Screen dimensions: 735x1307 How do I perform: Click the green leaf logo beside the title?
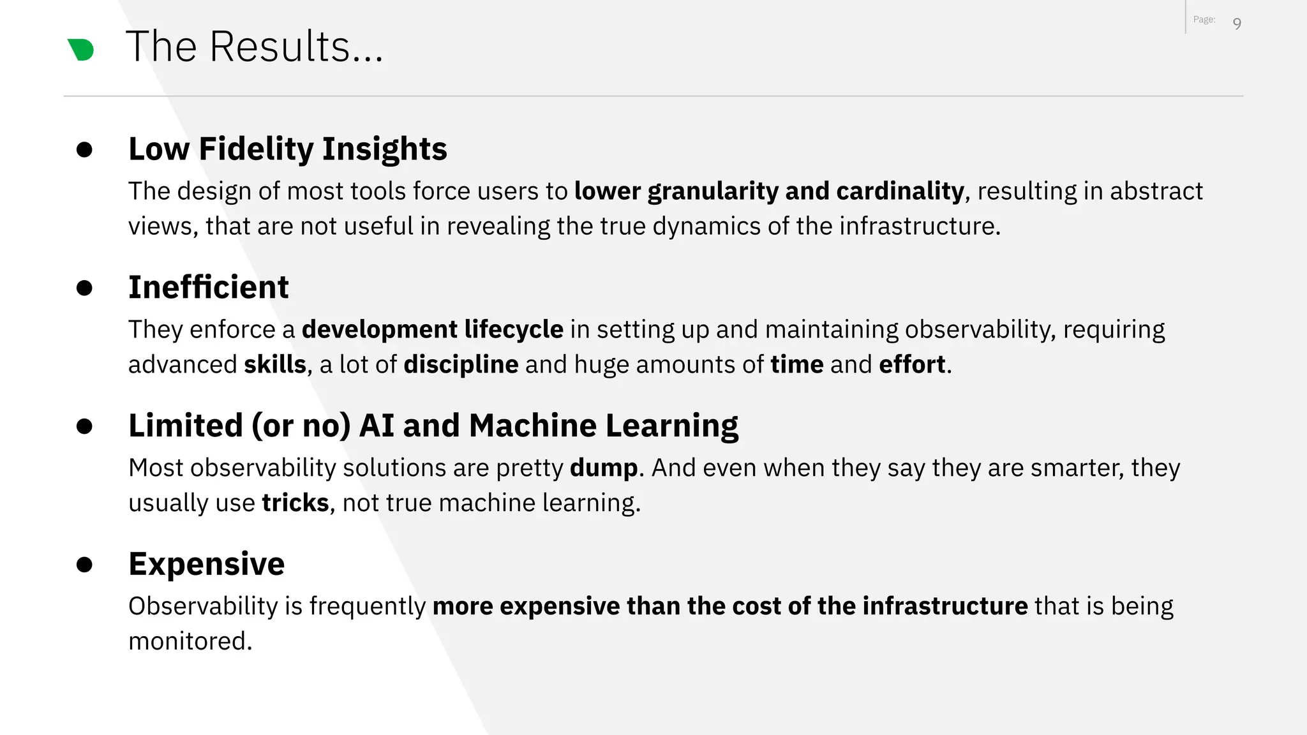(x=81, y=49)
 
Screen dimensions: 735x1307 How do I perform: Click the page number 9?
(x=1237, y=24)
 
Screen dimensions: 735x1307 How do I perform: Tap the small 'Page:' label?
(x=1204, y=20)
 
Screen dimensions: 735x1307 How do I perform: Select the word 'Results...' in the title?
(x=297, y=47)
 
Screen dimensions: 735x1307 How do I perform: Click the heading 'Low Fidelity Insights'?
(x=287, y=149)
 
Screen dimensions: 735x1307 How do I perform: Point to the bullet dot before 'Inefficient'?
(x=84, y=288)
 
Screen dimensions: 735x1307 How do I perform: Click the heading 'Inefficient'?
(x=208, y=287)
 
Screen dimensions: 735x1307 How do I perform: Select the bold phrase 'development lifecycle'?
(x=432, y=329)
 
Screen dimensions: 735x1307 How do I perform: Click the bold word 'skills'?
(x=275, y=364)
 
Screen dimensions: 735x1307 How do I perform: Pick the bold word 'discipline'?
(x=461, y=364)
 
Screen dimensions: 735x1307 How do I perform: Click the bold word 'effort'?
(x=912, y=364)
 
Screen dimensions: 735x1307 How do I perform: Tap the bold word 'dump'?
(x=603, y=468)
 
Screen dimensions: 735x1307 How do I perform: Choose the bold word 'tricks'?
(x=295, y=503)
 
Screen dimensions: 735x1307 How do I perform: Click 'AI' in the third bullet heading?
(x=377, y=426)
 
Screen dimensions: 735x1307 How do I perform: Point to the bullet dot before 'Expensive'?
(x=84, y=565)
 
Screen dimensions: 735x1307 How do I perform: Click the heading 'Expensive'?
(x=206, y=564)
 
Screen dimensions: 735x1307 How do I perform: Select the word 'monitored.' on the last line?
(x=190, y=641)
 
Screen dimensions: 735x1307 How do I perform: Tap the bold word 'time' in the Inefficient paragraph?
(x=796, y=364)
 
